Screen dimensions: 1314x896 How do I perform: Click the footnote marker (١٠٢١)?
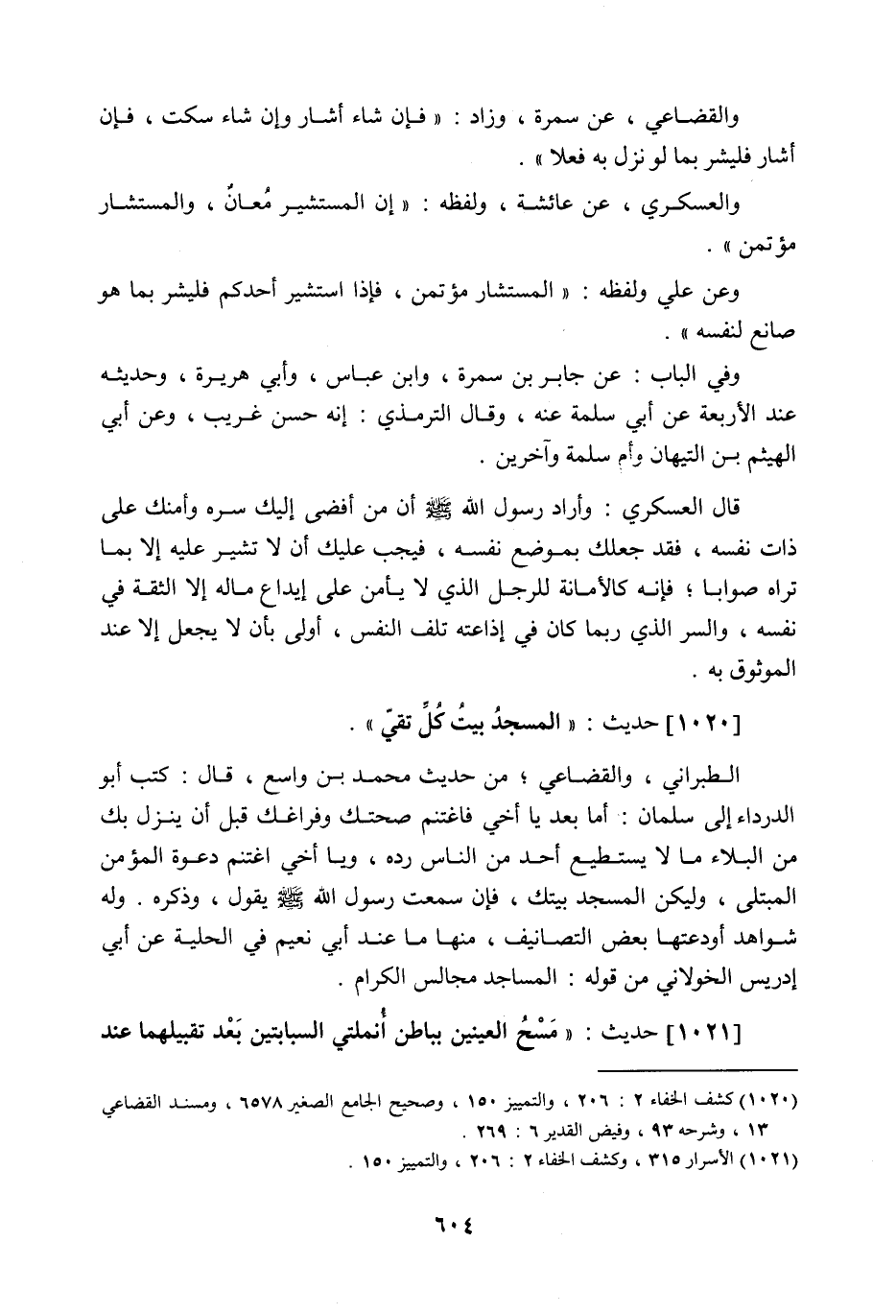775,1159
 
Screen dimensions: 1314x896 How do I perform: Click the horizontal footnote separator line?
697,1069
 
